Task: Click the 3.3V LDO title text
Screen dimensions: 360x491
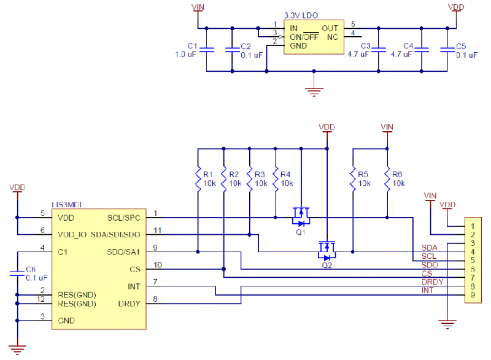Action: [301, 14]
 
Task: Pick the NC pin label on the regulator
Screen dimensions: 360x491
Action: [332, 37]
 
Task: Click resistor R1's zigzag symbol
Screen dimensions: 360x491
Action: [198, 178]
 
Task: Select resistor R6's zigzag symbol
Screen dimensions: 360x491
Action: [387, 178]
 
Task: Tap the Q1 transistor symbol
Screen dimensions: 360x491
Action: [301, 216]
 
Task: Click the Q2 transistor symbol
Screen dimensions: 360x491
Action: [327, 249]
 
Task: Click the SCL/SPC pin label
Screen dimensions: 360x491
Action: [124, 217]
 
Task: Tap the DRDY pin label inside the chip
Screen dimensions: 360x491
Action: [130, 304]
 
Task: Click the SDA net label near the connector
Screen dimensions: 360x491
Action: [430, 247]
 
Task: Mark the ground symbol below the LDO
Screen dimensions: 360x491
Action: [314, 91]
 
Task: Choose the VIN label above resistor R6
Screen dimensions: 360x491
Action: [387, 127]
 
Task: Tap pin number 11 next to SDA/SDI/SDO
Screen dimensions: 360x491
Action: [157, 230]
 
